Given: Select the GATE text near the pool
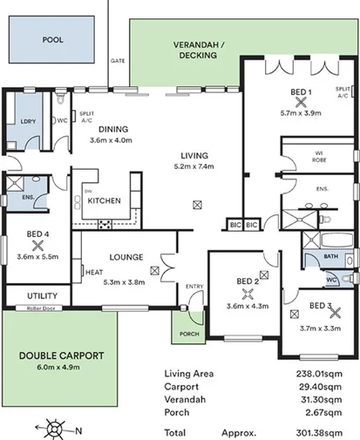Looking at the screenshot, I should (117, 61).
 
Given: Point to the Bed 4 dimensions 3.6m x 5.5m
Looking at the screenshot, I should (37, 258).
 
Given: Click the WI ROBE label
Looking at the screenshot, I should (317, 158).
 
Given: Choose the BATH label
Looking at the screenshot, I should (330, 257).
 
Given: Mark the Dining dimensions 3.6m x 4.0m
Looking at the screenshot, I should (112, 142).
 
